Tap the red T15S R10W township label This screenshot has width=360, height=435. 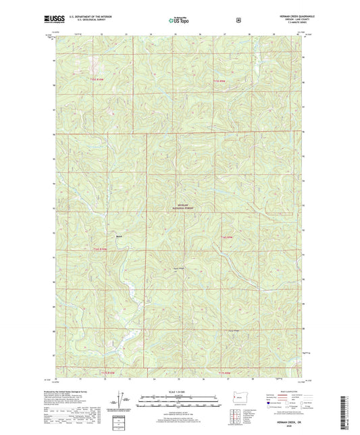[97, 80]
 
